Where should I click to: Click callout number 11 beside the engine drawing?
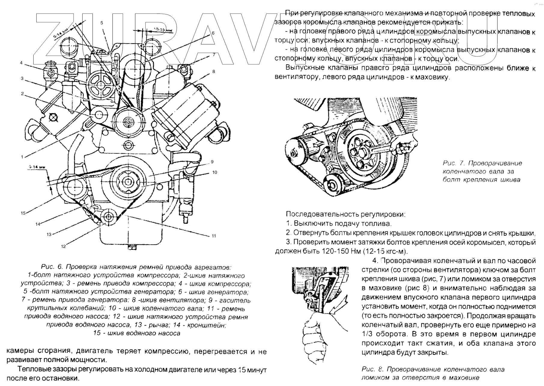(214, 236)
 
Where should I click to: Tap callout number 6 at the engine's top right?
(213, 33)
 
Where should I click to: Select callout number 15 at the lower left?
(23, 213)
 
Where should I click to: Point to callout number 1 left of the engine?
(22, 157)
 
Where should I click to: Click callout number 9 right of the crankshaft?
(212, 162)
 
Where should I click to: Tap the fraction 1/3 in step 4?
(366, 334)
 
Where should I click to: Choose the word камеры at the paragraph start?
(20, 351)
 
